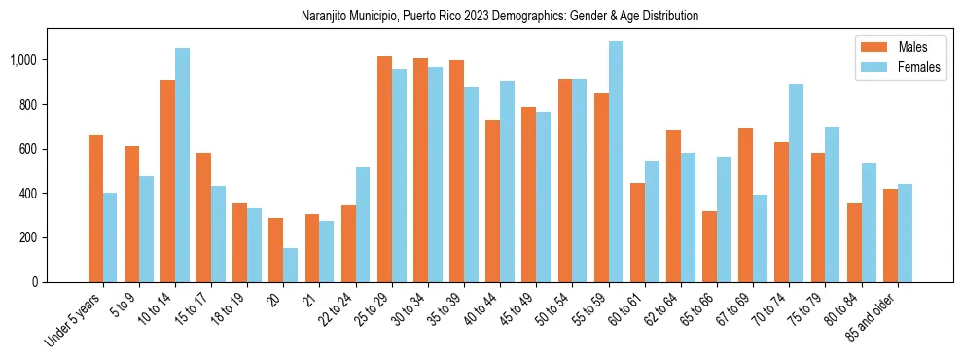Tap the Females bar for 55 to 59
pyautogui.click(x=616, y=162)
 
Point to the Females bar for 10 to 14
pyautogui.click(x=182, y=164)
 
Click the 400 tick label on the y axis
pyautogui.click(x=27, y=194)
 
